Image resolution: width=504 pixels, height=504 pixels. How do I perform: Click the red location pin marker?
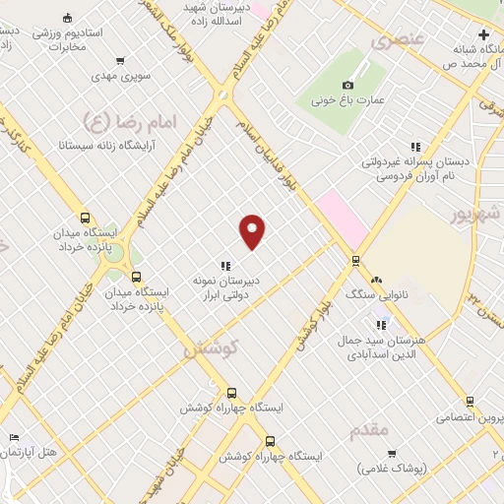[254, 230]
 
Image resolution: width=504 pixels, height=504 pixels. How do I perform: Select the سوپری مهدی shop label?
[118, 76]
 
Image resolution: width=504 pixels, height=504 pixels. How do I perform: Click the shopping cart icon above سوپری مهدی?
[120, 60]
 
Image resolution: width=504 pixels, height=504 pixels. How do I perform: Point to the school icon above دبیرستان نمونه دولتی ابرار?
[225, 265]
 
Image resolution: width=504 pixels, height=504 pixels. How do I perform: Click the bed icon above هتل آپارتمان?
[12, 436]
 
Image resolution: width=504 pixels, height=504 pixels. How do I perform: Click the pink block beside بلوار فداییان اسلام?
[341, 216]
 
